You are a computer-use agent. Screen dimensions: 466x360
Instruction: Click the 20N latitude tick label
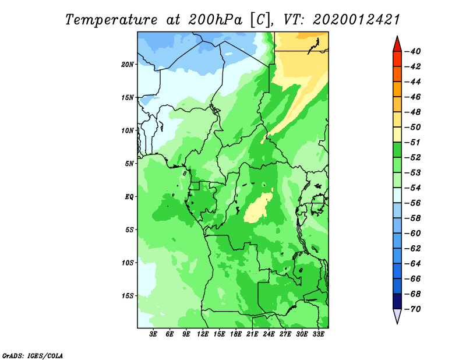pos(128,65)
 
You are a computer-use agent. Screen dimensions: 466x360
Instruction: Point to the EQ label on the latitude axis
pos(129,197)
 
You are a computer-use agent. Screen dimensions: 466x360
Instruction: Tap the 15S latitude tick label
pos(128,296)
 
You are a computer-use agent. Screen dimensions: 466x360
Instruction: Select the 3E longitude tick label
pos(153,334)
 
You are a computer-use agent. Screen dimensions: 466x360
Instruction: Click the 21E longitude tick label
pos(252,334)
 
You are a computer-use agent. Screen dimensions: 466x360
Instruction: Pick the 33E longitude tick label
pos(318,334)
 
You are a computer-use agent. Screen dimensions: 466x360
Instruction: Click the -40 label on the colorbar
pos(413,51)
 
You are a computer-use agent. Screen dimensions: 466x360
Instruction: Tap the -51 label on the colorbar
pos(413,142)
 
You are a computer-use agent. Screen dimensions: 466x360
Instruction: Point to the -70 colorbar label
pos(413,309)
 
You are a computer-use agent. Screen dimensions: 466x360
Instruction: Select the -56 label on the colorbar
pos(413,203)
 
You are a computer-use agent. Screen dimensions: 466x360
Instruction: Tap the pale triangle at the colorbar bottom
pos(397,316)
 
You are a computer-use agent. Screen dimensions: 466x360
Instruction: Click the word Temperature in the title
pos(111,20)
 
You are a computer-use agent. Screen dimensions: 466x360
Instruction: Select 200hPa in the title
pos(215,20)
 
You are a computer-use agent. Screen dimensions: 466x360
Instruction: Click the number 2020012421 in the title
pos(356,20)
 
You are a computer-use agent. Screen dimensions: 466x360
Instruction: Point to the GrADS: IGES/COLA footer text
pos(33,355)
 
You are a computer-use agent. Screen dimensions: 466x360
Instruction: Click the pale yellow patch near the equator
pos(258,207)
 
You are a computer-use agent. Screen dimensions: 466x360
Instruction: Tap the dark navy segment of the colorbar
pos(397,301)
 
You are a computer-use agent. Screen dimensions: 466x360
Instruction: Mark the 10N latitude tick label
pos(128,130)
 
